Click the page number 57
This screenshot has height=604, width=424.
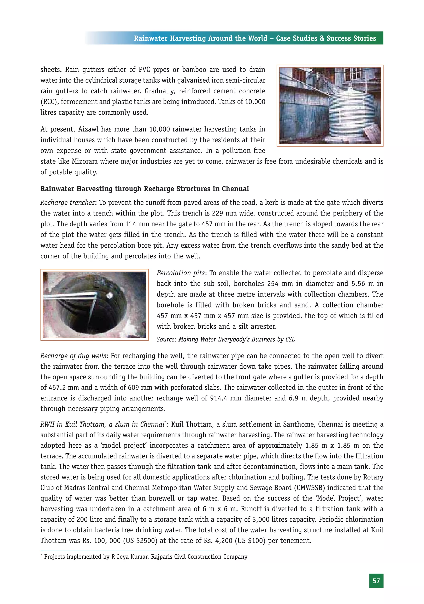376,581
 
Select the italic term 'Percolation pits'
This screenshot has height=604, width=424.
181,273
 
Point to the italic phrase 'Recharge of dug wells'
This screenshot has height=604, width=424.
73,356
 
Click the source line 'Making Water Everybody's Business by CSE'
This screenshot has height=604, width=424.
226,339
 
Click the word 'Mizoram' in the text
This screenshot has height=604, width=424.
82,161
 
